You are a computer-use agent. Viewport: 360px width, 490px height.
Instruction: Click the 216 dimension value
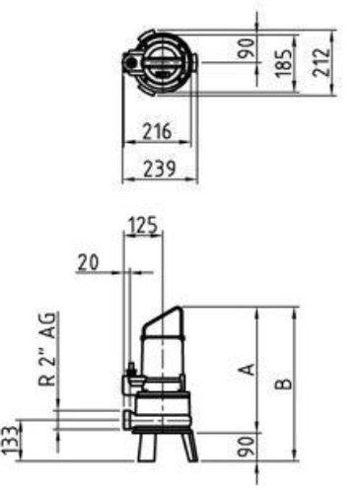157,131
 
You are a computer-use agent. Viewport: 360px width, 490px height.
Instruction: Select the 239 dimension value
160,169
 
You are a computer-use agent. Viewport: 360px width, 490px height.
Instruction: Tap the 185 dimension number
283,63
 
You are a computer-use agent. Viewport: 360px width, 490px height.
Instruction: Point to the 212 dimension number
321,62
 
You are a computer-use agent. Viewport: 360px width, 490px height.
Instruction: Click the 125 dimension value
143,225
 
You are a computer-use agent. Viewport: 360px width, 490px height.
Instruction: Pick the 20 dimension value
88,263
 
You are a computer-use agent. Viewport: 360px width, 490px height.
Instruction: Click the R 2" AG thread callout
47,348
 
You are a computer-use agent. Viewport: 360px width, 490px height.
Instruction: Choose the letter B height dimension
283,384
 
